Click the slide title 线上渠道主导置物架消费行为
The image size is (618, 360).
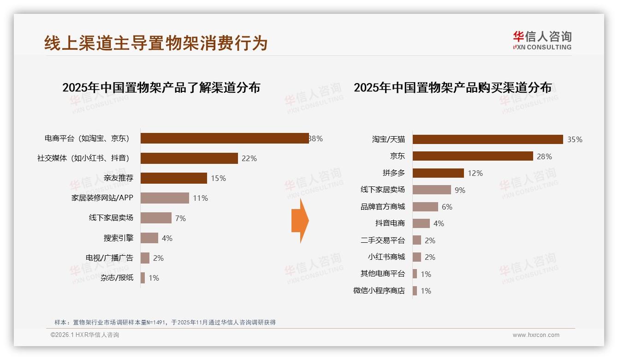[x=156, y=43]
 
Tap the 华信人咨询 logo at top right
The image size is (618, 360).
[x=542, y=40]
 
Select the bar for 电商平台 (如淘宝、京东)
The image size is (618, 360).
[x=225, y=138]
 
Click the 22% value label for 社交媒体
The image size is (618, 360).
[x=249, y=158]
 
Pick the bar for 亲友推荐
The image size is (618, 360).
[x=174, y=178]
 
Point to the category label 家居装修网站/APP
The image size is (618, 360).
[x=102, y=198]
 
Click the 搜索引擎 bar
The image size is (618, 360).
[x=149, y=238]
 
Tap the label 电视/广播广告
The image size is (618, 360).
[x=109, y=258]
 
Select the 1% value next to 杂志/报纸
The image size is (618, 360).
[x=154, y=278]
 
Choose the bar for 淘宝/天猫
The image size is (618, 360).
[x=487, y=139]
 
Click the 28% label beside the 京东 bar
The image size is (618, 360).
[x=544, y=156]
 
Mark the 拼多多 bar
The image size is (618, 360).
[x=438, y=173]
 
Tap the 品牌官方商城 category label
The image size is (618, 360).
[x=383, y=207]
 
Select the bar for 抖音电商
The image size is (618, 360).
[x=421, y=223]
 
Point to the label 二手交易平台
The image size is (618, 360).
[x=383, y=240]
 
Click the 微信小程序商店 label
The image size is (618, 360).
[x=379, y=291]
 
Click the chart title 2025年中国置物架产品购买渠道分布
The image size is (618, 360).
[x=452, y=88]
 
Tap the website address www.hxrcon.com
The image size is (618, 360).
[x=536, y=335]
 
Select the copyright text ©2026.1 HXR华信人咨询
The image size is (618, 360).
[x=85, y=335]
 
